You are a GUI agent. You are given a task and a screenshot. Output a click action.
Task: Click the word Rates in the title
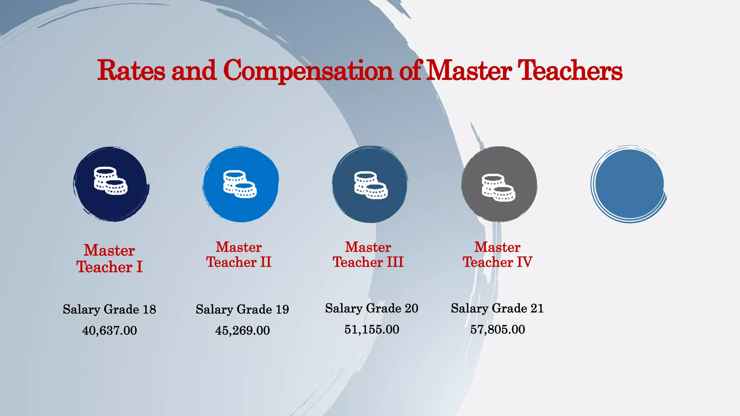pyautogui.click(x=131, y=70)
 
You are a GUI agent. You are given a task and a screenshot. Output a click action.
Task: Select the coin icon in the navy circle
pyautogui.click(x=110, y=181)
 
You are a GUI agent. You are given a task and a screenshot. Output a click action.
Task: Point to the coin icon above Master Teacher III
pyautogui.click(x=370, y=185)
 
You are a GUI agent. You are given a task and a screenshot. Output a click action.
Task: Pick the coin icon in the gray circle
pyautogui.click(x=498, y=187)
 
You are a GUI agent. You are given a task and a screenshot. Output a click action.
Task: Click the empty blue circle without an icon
pyautogui.click(x=629, y=184)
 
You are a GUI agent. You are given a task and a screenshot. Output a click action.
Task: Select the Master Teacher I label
pyautogui.click(x=109, y=259)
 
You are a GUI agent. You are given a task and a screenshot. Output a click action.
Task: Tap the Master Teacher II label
pyautogui.click(x=239, y=255)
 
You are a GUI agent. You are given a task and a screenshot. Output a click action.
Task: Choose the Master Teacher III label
pyautogui.click(x=368, y=255)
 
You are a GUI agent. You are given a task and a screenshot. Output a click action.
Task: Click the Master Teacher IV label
pyautogui.click(x=498, y=255)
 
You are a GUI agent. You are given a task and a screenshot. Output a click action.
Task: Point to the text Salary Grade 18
pyautogui.click(x=109, y=309)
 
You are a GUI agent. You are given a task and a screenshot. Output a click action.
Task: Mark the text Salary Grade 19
pyautogui.click(x=242, y=309)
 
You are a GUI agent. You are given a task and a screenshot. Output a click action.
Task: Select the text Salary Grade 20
pyautogui.click(x=371, y=308)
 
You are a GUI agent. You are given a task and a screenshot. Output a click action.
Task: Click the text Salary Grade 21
pyautogui.click(x=497, y=308)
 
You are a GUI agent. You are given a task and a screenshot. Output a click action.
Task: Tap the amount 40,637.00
pyautogui.click(x=109, y=330)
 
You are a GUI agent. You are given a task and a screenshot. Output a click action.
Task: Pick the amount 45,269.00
pyautogui.click(x=242, y=330)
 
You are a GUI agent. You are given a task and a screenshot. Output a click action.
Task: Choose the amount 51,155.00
pyautogui.click(x=371, y=329)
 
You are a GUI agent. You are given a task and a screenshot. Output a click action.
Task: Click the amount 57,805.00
pyautogui.click(x=497, y=329)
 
